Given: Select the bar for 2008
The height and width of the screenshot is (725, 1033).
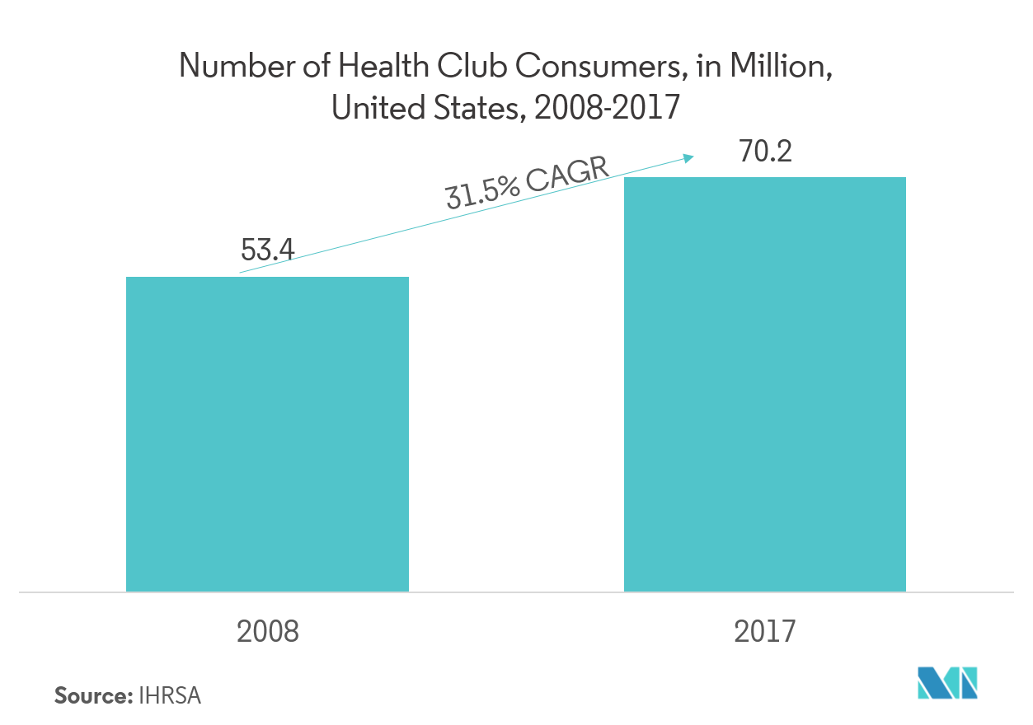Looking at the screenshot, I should [267, 434].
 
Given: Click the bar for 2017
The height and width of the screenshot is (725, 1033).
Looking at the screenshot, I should [764, 384].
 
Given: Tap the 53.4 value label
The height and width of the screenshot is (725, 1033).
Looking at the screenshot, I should [267, 250].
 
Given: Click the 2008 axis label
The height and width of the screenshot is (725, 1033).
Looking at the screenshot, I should [267, 632].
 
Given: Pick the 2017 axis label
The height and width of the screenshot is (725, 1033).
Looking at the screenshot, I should [764, 632].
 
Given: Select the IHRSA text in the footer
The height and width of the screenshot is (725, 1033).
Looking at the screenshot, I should [170, 695].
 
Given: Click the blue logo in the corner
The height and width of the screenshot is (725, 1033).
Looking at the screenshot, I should [947, 683].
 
